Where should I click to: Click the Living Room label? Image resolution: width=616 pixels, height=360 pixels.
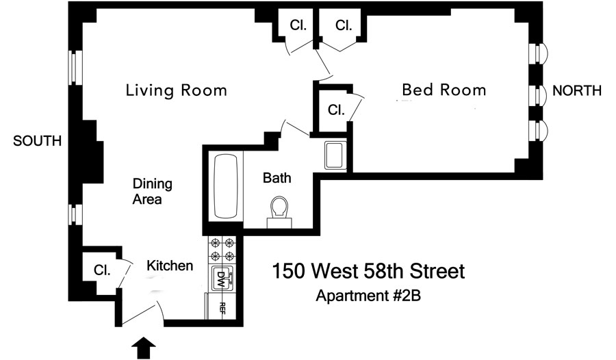point(177,90)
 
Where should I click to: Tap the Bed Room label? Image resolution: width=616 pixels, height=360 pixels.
point(444,90)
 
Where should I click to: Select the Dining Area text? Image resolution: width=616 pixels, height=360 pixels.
point(153,192)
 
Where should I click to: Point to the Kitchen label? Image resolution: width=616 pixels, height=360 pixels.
point(170,266)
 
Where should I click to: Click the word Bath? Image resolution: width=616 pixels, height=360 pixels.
point(277,178)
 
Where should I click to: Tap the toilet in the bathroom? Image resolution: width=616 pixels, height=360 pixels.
point(279,211)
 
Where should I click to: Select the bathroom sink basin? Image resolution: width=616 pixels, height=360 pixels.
point(335,155)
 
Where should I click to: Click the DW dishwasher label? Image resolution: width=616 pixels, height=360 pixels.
point(221,279)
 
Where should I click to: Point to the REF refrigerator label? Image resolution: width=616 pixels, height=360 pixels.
point(222,309)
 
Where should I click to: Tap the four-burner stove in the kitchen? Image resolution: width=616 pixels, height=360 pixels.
point(222,250)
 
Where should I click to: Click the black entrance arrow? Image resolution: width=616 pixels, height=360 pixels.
point(144,348)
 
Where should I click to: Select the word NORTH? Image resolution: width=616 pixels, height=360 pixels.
point(577,91)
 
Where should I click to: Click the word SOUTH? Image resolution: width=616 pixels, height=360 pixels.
point(38,141)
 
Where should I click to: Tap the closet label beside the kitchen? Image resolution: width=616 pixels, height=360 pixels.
point(102,270)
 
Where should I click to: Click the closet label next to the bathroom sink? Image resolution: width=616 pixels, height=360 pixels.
point(336,110)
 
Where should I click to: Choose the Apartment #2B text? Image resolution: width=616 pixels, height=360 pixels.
point(368,296)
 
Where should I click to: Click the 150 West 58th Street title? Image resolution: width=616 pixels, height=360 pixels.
point(368,271)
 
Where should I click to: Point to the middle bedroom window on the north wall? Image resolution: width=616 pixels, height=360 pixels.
point(538,94)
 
